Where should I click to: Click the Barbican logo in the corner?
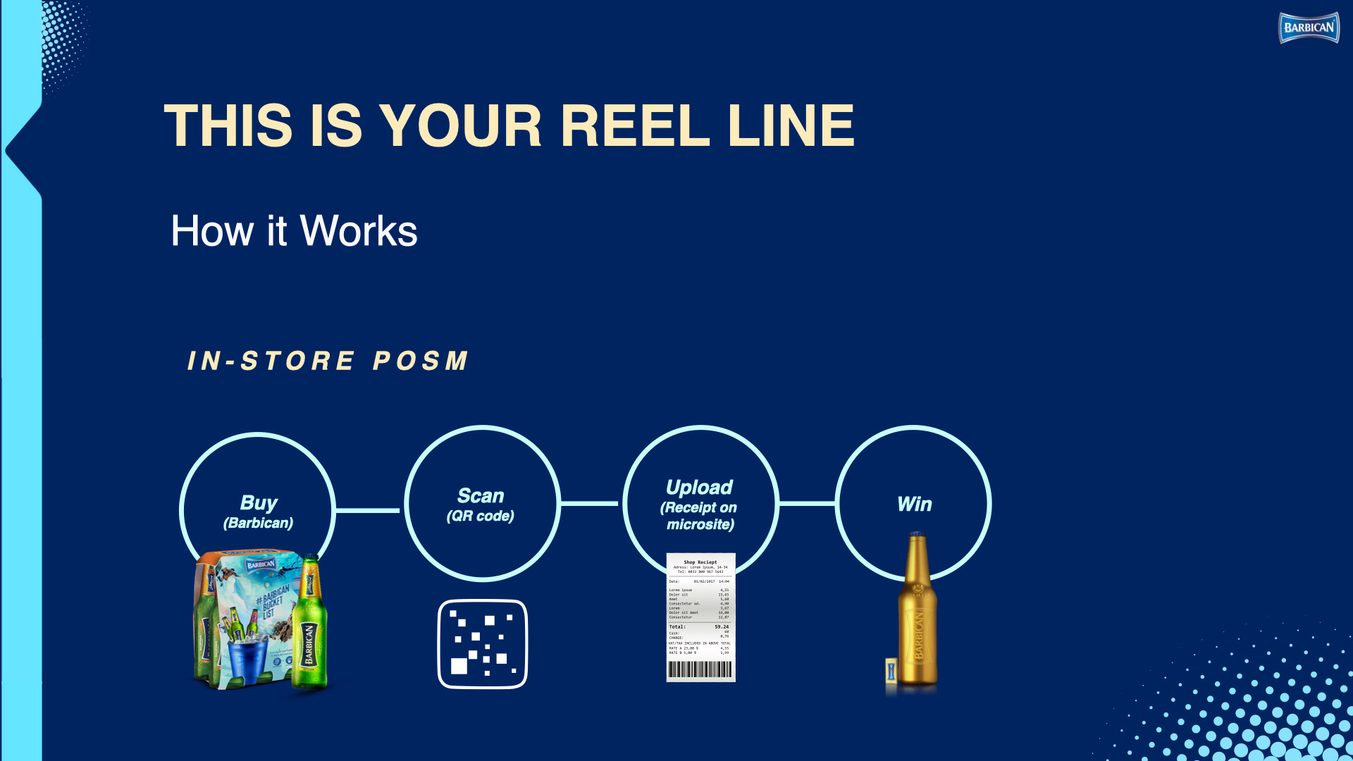(x=1309, y=28)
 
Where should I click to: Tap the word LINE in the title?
(x=791, y=126)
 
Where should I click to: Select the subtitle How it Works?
(x=294, y=231)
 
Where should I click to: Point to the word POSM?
(x=421, y=361)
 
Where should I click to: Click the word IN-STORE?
(x=271, y=361)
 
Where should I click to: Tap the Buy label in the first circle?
(x=259, y=502)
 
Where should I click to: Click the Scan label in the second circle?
(x=481, y=496)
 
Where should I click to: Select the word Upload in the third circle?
(x=699, y=488)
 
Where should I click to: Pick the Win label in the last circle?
(x=914, y=505)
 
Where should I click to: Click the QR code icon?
(x=483, y=644)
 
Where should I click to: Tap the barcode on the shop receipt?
(x=700, y=669)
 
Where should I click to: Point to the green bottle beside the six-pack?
(x=309, y=627)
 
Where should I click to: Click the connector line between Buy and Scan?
(x=368, y=510)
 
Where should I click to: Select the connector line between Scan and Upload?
(x=590, y=503)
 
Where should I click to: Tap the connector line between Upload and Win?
(x=807, y=503)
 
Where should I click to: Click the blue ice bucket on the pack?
(x=246, y=659)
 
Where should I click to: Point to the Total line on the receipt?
(x=699, y=626)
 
